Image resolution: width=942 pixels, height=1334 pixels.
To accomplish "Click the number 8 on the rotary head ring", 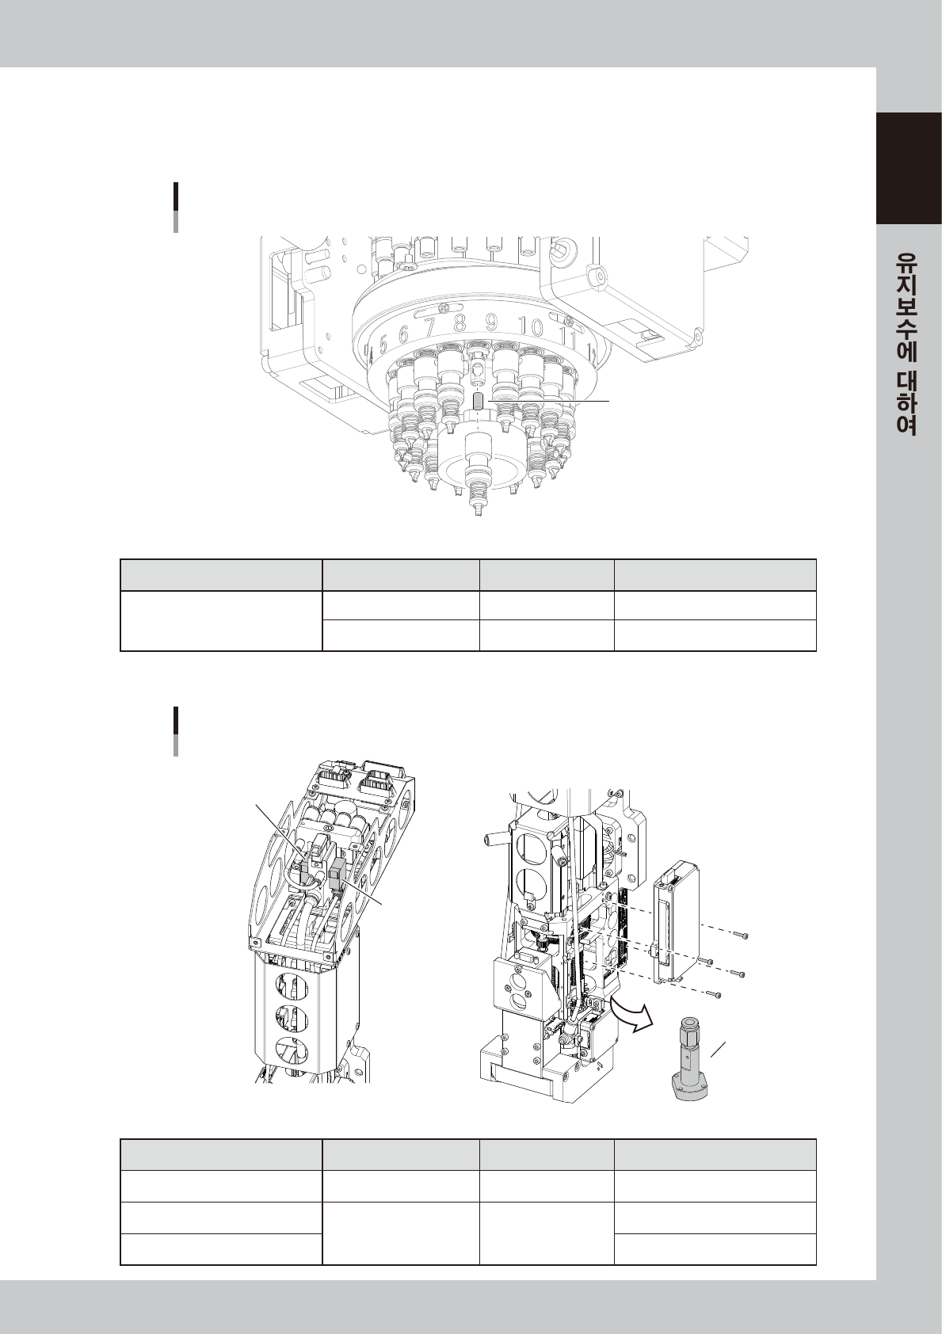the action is (x=459, y=325).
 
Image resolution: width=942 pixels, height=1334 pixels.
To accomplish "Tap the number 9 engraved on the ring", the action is (x=492, y=324).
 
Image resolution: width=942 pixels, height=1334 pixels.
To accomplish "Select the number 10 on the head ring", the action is (x=530, y=327).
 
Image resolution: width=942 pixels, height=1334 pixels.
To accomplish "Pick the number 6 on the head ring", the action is (x=404, y=334).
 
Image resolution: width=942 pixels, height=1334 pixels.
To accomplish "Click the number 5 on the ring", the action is (x=383, y=344).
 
